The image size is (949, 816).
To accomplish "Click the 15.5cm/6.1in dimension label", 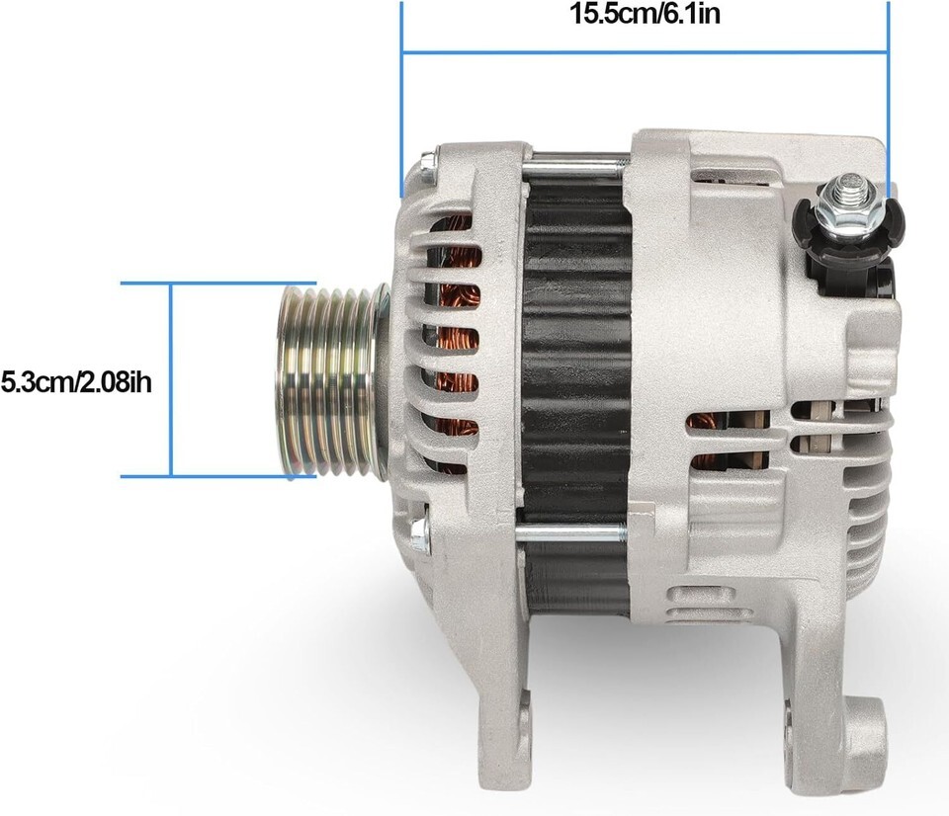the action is [645, 14].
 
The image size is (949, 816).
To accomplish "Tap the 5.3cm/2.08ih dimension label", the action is [76, 382].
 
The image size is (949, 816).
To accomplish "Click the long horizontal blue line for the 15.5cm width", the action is [646, 52].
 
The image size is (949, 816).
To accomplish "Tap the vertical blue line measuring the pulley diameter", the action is [171, 379].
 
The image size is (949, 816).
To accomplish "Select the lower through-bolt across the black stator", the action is [570, 532].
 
